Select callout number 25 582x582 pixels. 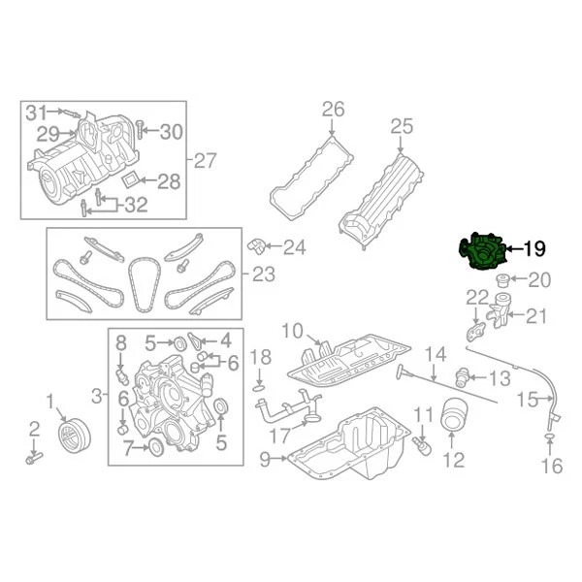(x=402, y=125)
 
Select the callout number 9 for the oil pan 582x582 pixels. (x=266, y=459)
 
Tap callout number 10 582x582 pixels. (x=292, y=331)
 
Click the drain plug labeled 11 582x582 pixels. (x=423, y=444)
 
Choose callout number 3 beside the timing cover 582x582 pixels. (x=96, y=394)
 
